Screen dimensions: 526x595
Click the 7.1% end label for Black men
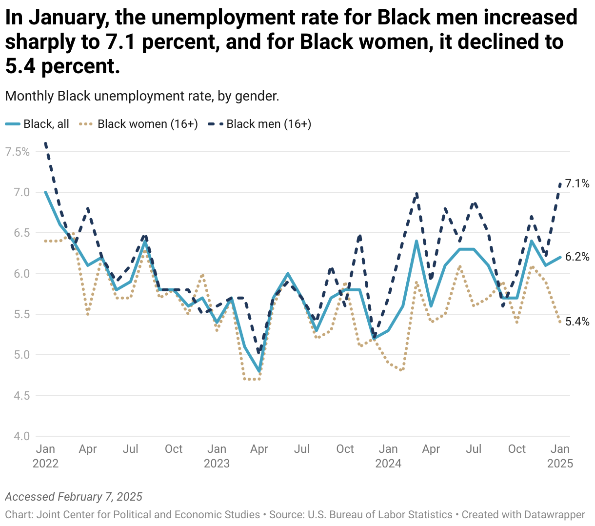pyautogui.click(x=577, y=184)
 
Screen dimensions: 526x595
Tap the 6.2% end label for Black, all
pyautogui.click(x=577, y=257)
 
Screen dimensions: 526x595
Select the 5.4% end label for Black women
pyautogui.click(x=577, y=322)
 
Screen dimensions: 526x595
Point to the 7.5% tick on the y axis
pyautogui.click(x=18, y=152)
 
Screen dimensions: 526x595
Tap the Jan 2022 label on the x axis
pyautogui.click(x=45, y=456)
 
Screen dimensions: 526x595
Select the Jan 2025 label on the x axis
pyautogui.click(x=560, y=456)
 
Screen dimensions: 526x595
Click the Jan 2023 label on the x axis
pyautogui.click(x=217, y=456)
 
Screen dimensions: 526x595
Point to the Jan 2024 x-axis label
pyautogui.click(x=388, y=456)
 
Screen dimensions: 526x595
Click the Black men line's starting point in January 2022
pyautogui.click(x=45, y=143)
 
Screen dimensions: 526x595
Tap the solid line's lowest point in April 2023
pyautogui.click(x=259, y=371)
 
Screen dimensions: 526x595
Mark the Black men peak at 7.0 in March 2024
pyautogui.click(x=416, y=193)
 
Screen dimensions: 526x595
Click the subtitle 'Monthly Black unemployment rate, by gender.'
pyautogui.click(x=142, y=96)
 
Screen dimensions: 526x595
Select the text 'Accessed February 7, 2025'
pyautogui.click(x=74, y=497)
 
